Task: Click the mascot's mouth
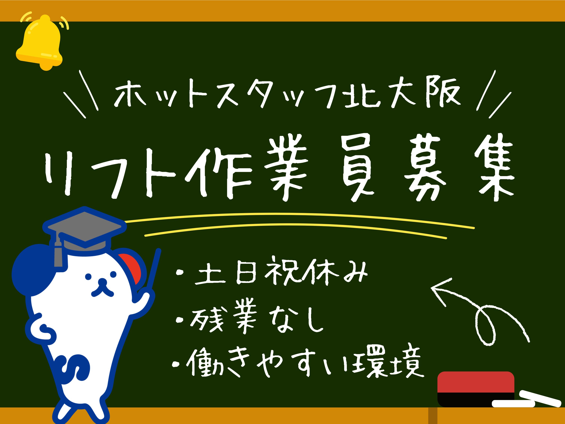(x=102, y=291)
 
